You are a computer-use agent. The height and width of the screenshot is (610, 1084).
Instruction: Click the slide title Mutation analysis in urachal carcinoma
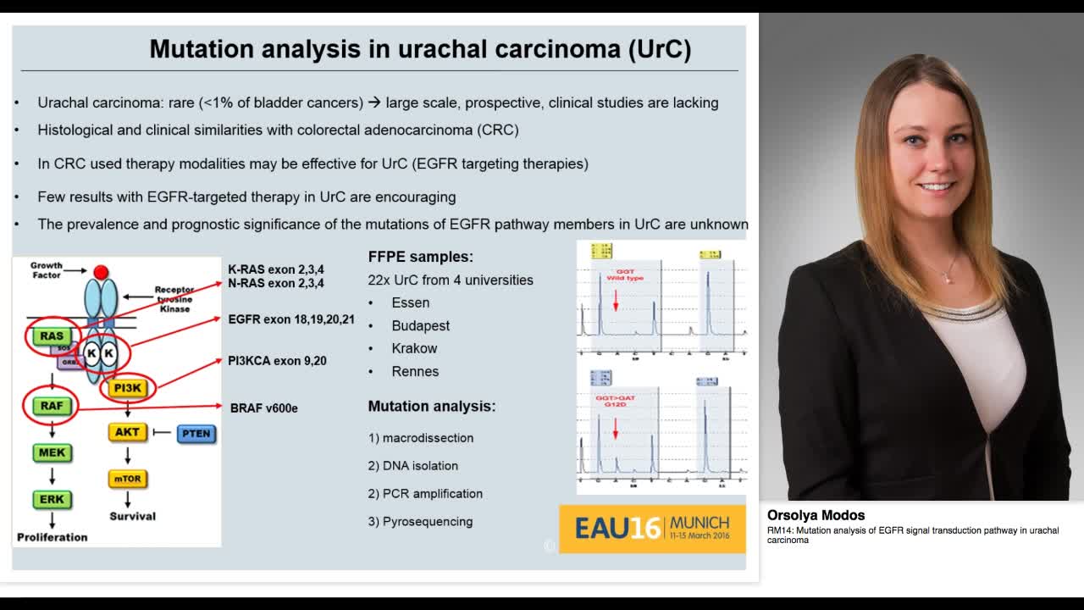point(420,49)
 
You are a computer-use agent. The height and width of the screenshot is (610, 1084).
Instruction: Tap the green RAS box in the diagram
point(52,336)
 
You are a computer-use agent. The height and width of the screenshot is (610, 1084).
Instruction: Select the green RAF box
point(52,406)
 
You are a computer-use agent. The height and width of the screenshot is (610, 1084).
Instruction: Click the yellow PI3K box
point(128,388)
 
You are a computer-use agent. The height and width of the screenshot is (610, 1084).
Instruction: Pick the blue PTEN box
point(196,434)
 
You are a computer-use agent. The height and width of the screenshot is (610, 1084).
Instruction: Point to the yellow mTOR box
point(128,479)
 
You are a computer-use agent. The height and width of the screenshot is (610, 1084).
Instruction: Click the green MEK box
point(52,452)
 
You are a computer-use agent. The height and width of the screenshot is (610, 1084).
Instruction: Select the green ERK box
point(52,499)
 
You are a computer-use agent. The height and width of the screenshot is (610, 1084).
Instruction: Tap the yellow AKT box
point(127,432)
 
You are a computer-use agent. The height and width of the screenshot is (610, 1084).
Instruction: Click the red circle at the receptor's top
point(101,272)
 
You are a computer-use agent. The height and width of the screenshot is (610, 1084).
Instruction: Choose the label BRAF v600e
point(264,408)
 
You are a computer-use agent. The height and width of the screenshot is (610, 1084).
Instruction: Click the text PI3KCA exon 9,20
point(277,361)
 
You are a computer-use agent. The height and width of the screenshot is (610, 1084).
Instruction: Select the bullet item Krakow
point(414,348)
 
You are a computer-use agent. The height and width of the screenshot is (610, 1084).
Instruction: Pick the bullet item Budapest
point(420,325)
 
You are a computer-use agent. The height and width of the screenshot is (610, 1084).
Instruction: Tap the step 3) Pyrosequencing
point(420,522)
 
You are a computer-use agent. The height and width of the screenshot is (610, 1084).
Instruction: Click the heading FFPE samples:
point(420,257)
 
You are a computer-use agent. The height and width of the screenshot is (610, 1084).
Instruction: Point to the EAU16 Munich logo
point(652,529)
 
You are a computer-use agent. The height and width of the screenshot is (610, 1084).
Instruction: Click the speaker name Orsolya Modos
point(816,515)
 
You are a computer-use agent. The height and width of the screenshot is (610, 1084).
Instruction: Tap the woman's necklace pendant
point(948,279)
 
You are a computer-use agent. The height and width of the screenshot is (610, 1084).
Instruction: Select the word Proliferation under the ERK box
point(53,537)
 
